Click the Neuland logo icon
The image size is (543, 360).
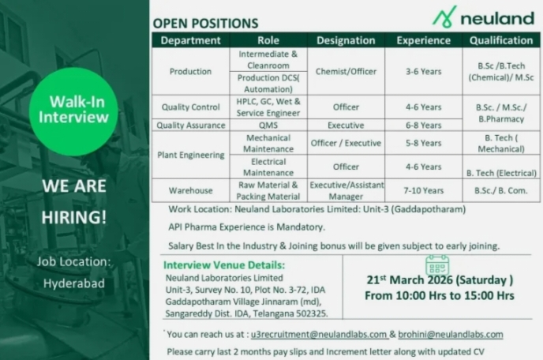point(444,16)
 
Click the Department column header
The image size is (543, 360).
point(190,40)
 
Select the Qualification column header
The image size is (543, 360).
point(500,40)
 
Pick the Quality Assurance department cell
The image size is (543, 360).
point(190,125)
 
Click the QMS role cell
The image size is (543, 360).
point(268,125)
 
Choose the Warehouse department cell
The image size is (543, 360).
point(190,190)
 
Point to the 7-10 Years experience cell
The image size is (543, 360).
point(423,190)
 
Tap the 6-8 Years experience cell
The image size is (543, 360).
point(423,125)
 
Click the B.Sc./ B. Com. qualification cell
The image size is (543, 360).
point(500,190)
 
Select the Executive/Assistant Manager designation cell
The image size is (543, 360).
point(346,190)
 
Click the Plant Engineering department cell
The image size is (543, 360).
point(190,156)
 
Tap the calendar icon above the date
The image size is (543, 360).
point(436,265)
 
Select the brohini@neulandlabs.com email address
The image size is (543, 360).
point(451,334)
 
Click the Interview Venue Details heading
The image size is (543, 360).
point(224,265)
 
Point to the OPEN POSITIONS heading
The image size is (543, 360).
point(204,24)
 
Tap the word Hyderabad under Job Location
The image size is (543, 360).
point(73,283)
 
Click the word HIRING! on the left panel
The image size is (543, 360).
point(73,216)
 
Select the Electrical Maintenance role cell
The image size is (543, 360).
point(268,167)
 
